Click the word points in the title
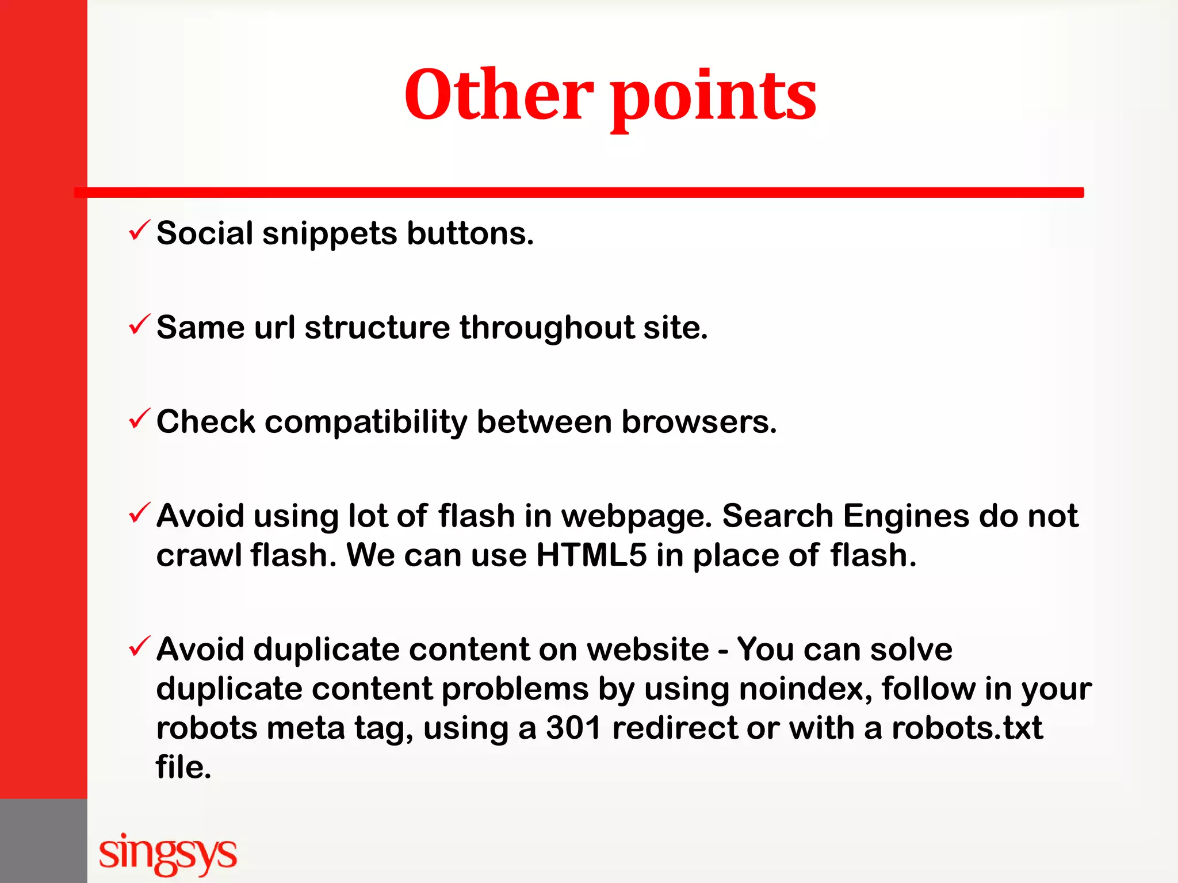[713, 98]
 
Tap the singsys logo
[167, 853]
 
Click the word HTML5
[591, 555]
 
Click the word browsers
[699, 422]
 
